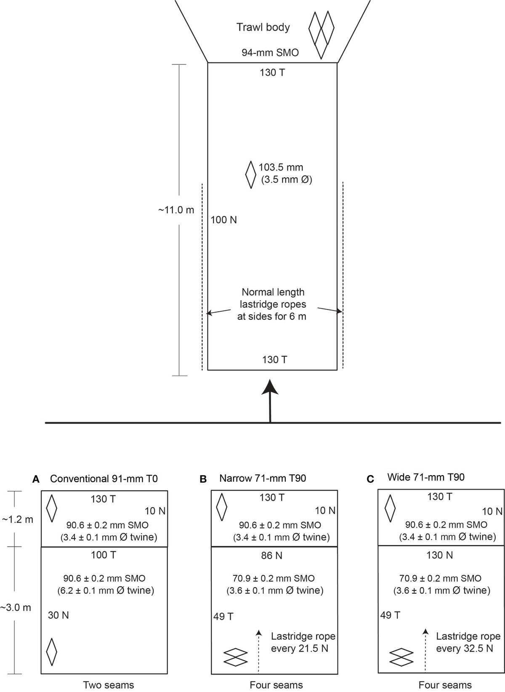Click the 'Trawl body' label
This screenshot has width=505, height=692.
click(263, 28)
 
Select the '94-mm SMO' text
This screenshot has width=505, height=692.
click(270, 53)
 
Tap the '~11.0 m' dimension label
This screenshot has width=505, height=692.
click(176, 210)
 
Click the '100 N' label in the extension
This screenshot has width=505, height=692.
click(223, 220)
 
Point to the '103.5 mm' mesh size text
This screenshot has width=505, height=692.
click(281, 167)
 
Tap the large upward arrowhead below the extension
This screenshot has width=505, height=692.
click(270, 387)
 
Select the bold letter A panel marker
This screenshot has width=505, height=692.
click(36, 479)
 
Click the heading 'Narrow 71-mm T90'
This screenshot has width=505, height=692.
click(263, 478)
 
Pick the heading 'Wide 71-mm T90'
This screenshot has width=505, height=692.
click(426, 477)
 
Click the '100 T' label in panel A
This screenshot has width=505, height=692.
click(104, 555)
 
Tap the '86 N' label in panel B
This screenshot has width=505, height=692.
click(272, 556)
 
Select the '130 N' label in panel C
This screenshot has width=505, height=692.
click(440, 555)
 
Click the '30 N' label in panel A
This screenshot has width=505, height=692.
click(58, 615)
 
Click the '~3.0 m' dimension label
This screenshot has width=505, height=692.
click(16, 608)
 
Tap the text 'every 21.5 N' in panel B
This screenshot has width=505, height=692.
click(300, 649)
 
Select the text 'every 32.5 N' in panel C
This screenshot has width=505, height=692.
click(465, 649)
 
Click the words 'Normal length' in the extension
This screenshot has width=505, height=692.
click(273, 292)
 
